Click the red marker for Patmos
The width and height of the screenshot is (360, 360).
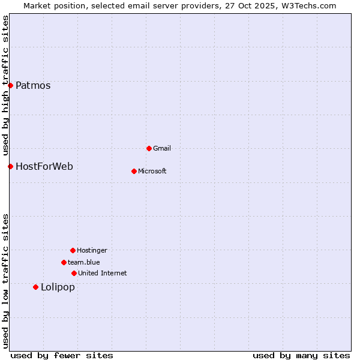tap(10, 85)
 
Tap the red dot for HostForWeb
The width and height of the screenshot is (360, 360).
tap(10, 166)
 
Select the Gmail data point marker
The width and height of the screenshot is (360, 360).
tap(149, 148)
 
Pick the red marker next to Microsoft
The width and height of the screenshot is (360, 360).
tap(134, 171)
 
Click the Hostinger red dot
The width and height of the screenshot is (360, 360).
tap(73, 250)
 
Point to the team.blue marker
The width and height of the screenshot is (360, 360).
tap(64, 262)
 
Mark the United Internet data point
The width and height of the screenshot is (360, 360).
tap(74, 273)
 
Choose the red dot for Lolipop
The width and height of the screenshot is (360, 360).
tap(35, 287)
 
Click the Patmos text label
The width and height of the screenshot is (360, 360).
tap(33, 85)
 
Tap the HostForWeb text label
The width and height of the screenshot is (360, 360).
tap(44, 166)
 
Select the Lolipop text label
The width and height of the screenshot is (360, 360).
tap(58, 287)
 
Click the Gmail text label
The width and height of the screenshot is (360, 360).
tap(161, 148)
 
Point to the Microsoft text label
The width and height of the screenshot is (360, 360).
tap(152, 171)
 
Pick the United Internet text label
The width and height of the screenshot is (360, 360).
tap(102, 273)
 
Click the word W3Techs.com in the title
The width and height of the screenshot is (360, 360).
tap(308, 5)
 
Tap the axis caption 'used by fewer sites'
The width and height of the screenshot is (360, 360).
tap(62, 355)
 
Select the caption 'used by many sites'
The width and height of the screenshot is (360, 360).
tap(301, 355)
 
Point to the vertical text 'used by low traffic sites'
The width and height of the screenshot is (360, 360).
tap(5, 281)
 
